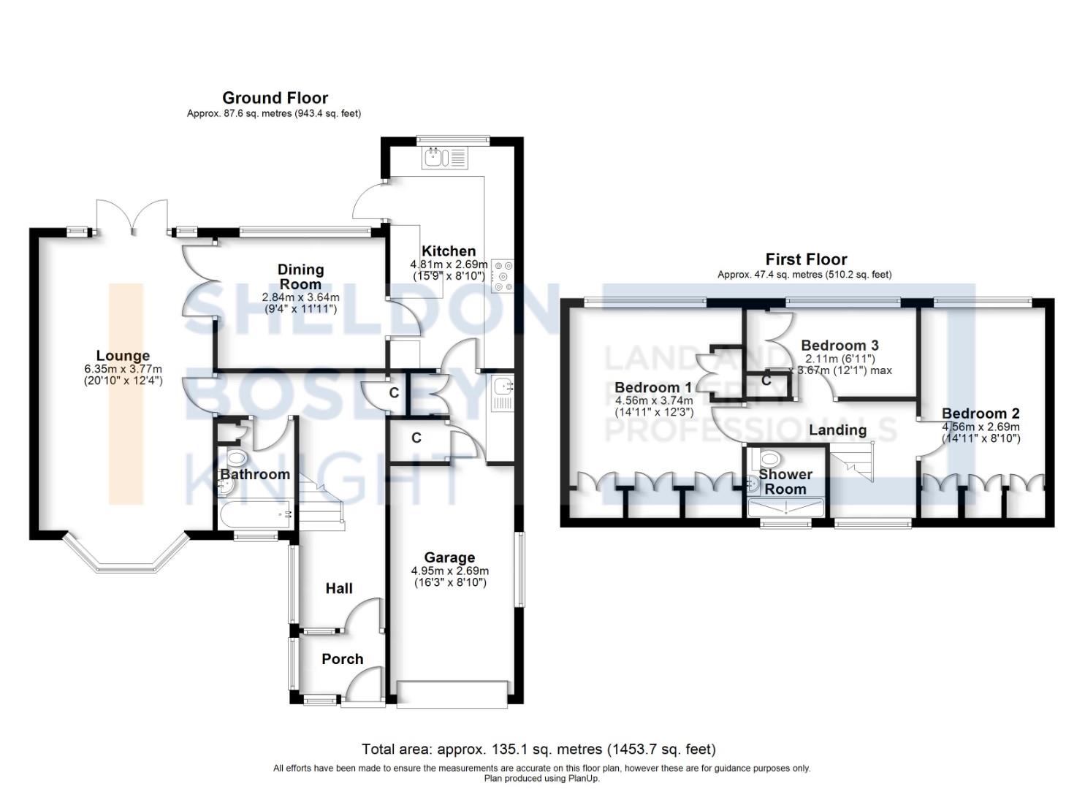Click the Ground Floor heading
(x=275, y=98)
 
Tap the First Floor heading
(x=806, y=259)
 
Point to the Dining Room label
(x=300, y=277)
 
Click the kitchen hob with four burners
(x=503, y=276)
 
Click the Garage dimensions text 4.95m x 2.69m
(x=449, y=571)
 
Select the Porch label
(x=342, y=659)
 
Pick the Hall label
(x=339, y=588)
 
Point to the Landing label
(x=837, y=430)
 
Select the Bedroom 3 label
(x=840, y=346)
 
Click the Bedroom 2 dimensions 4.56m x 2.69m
(x=981, y=427)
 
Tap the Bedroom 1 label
(x=652, y=387)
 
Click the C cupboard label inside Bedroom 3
(x=766, y=381)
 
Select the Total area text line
(x=538, y=749)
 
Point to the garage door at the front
(x=452, y=694)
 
